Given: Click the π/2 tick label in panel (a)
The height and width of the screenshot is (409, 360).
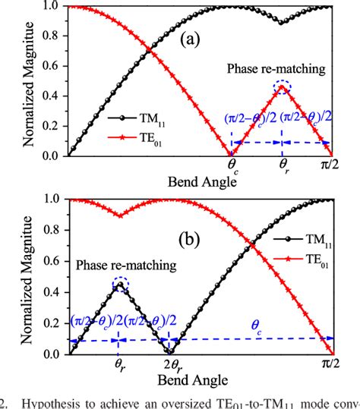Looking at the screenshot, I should click(x=333, y=164).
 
